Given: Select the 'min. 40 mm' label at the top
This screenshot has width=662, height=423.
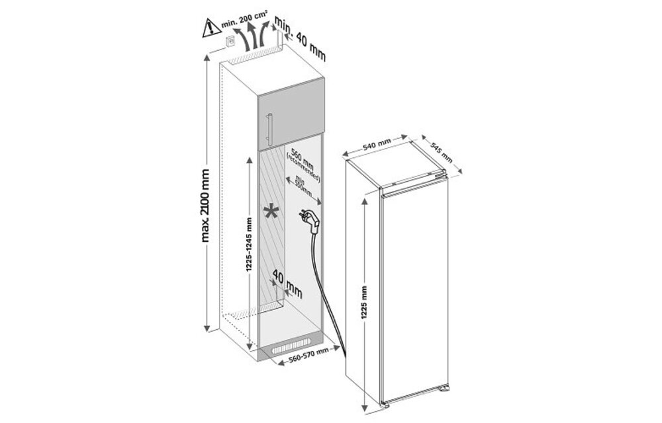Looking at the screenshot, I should pos(302,41).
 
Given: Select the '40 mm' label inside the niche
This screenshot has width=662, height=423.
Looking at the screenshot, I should pos(287,286).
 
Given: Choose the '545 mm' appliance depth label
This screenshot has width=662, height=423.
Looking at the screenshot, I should pos(441,153).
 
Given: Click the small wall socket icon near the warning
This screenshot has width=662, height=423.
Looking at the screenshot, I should pos(230,42).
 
